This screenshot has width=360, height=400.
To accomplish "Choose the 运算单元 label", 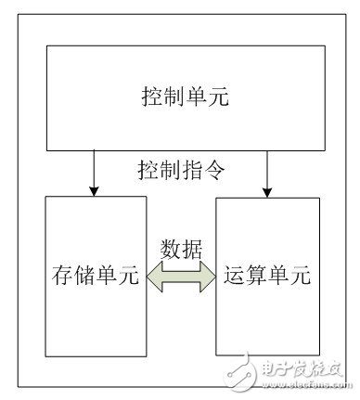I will tap(264, 275).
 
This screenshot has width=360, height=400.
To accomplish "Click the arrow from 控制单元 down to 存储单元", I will tap(92, 172).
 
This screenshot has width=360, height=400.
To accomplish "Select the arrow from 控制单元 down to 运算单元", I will tap(267, 172).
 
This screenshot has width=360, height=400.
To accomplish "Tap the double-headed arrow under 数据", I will tap(181, 277).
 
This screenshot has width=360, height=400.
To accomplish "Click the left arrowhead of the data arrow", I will tap(154, 277).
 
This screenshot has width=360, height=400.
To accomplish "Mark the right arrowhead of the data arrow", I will tap(209, 277).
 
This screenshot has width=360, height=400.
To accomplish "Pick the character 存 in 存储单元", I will tap(61, 275).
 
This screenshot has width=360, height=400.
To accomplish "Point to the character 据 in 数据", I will tap(193, 249).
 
